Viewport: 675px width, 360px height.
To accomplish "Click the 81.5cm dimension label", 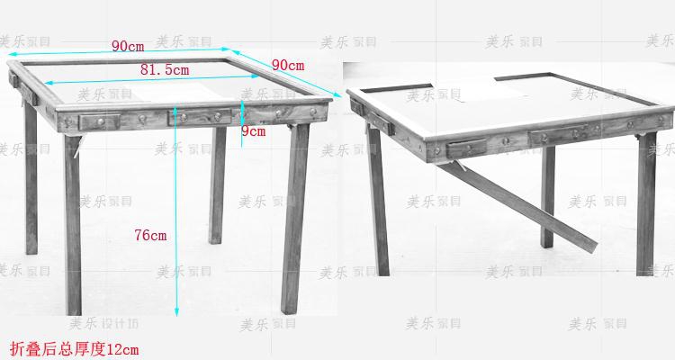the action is click(x=164, y=69).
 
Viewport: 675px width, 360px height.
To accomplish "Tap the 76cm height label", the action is click(x=150, y=235).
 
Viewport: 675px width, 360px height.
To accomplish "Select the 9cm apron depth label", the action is click(x=254, y=131).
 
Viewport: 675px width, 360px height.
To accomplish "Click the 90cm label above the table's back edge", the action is click(x=129, y=46).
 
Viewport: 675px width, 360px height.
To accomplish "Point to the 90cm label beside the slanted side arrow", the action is click(x=287, y=65).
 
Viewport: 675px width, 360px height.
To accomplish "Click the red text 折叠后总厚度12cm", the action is click(x=74, y=346).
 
